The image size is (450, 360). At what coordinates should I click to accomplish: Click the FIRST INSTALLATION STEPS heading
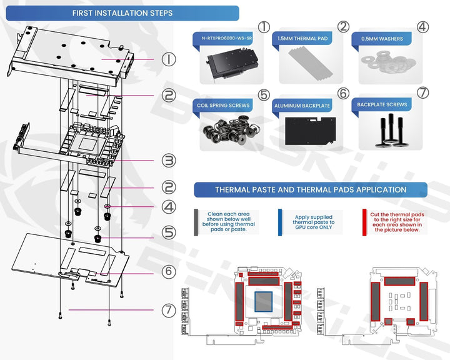(x=122, y=13)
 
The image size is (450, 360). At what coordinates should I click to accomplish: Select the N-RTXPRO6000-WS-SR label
(x=226, y=39)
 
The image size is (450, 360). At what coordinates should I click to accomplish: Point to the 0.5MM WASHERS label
(x=382, y=39)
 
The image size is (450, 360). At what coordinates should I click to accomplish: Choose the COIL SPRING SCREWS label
(x=224, y=106)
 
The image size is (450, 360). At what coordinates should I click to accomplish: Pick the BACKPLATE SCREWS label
(x=382, y=105)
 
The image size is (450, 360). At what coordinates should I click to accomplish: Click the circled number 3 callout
(x=169, y=160)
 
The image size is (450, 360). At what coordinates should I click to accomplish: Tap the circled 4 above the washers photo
(x=423, y=27)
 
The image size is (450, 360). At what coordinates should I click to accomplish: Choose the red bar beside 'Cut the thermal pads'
(x=364, y=222)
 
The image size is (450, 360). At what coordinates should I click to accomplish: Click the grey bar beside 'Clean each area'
(x=196, y=222)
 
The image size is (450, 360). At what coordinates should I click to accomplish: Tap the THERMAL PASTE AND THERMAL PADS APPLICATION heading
(x=311, y=189)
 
